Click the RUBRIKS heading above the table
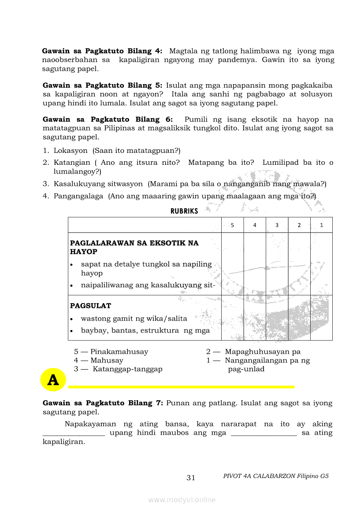[x=184, y=211]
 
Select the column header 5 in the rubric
[x=232, y=225]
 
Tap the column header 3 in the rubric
[x=277, y=225]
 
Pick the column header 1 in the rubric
[x=321, y=225]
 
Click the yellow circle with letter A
[x=53, y=380]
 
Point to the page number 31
[x=191, y=478]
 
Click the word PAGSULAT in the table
[x=91, y=306]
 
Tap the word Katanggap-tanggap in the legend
[x=127, y=369]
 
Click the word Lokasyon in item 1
[x=71, y=150]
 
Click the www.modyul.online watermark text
[x=182, y=500]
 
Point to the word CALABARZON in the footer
[x=273, y=476]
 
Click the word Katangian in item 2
[x=72, y=163]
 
